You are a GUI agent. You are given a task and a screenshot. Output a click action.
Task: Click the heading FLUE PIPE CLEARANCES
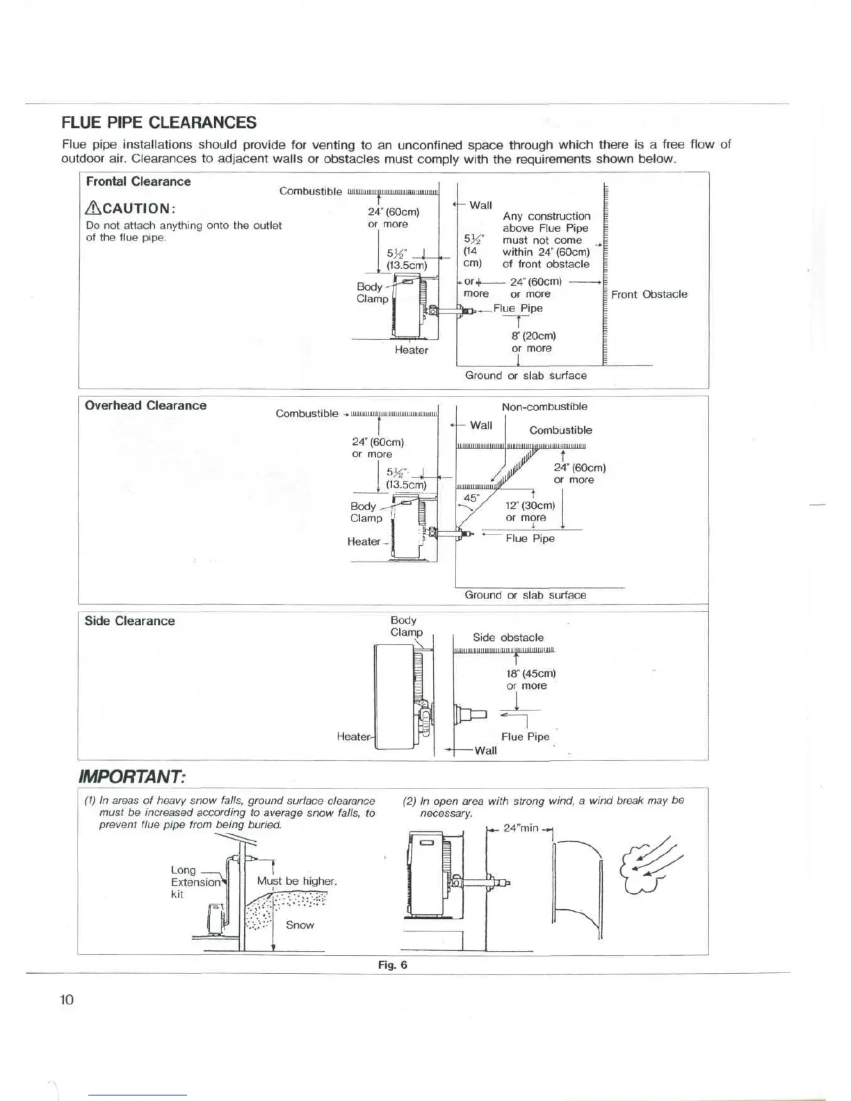(159, 123)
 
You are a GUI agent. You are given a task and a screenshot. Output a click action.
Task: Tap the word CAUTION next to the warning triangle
(136, 209)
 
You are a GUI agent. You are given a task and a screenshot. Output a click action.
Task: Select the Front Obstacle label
(649, 294)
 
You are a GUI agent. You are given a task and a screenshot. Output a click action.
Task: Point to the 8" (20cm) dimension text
(533, 336)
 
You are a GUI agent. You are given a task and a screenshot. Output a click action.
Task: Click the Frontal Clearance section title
(138, 181)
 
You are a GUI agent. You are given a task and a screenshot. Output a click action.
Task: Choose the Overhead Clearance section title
(145, 406)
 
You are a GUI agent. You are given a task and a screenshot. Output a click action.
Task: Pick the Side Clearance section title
(129, 621)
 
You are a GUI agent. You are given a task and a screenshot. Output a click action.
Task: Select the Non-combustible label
(544, 407)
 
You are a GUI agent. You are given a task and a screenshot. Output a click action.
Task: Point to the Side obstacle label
(508, 637)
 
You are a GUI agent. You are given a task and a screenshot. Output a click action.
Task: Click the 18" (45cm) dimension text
(530, 674)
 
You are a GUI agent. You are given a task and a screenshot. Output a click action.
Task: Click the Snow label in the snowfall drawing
(300, 925)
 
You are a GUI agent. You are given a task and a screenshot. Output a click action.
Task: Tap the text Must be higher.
(297, 881)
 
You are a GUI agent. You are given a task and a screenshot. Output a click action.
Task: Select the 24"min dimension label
(520, 829)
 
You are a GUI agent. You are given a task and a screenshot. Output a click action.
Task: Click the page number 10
(67, 1000)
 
